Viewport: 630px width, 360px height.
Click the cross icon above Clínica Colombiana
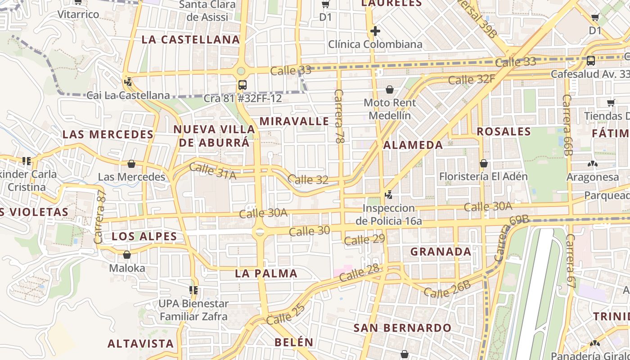[375, 31]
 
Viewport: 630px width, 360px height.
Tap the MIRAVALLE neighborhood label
[294, 121]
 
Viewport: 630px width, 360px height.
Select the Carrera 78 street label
[339, 116]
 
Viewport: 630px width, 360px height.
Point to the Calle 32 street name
[308, 179]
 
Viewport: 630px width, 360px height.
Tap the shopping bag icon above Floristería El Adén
[484, 163]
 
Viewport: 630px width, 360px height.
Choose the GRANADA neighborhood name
[441, 252]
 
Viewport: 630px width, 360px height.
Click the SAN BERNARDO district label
[402, 328]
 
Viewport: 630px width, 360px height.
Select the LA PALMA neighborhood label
[266, 273]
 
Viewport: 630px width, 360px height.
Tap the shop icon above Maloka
[127, 255]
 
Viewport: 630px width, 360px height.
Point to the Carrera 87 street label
[100, 217]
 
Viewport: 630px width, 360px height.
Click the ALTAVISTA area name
[140, 343]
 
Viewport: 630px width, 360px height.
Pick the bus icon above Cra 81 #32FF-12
[242, 85]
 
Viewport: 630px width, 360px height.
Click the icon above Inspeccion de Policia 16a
[389, 195]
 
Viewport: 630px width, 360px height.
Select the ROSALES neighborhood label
[504, 131]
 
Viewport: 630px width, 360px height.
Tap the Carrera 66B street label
[567, 125]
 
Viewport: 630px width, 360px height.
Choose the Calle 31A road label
[212, 171]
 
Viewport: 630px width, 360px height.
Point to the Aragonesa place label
[592, 177]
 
